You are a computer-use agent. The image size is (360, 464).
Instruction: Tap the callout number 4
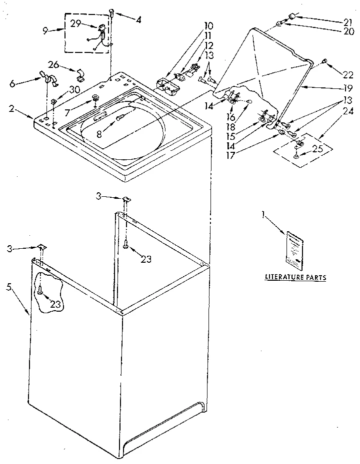(x=138, y=20)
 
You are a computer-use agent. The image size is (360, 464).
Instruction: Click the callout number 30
(x=74, y=89)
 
